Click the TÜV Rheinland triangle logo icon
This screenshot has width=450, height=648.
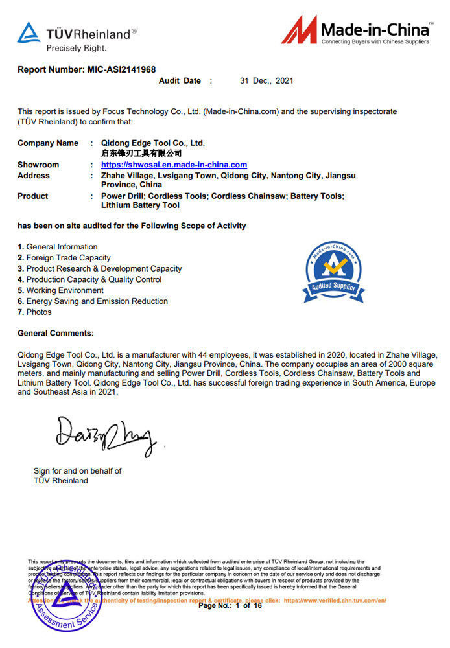click(x=29, y=32)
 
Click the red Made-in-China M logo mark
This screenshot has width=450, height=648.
click(x=300, y=30)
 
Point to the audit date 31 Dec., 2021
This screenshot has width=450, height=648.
click(x=266, y=81)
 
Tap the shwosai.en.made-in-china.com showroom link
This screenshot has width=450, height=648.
click(x=174, y=165)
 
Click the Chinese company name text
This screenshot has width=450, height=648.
click(x=141, y=154)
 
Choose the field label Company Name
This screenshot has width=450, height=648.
click(x=48, y=143)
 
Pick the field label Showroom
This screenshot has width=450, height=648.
click(x=38, y=165)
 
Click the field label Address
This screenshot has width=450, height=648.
click(x=34, y=176)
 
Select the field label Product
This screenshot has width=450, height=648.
click(x=33, y=196)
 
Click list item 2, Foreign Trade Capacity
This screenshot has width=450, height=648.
click(x=64, y=258)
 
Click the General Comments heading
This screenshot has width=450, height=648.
click(x=56, y=333)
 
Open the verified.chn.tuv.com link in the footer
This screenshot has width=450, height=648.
click(x=335, y=601)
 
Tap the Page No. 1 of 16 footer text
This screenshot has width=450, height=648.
click(x=230, y=606)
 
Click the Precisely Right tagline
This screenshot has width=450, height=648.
click(x=77, y=48)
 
